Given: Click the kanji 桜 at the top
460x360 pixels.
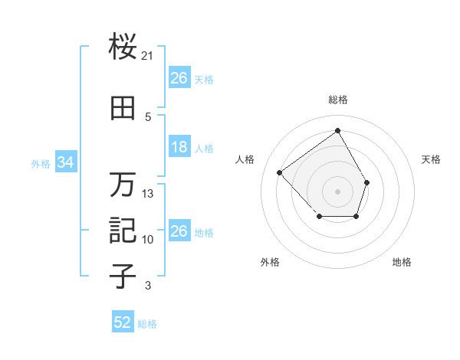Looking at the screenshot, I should coord(123,47).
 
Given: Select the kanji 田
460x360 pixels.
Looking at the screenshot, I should coord(123,108).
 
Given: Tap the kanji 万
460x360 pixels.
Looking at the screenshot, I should coord(123,185).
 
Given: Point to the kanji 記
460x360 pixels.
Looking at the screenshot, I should coord(123,231).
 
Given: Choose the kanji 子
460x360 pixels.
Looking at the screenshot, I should coord(123,277).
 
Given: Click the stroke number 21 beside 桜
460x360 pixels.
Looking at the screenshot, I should coord(148,56).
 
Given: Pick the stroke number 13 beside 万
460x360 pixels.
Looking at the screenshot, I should coord(148,194).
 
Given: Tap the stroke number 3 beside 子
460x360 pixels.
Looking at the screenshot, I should coord(148,286).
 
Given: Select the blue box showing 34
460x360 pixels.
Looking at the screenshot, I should coord(66,162).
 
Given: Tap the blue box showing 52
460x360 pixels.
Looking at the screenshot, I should coord(123,322).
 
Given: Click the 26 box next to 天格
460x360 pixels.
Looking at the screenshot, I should coord(179,78).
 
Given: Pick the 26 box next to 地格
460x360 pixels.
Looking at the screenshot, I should coord(179,231).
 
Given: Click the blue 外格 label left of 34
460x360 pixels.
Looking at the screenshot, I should coord(41,163).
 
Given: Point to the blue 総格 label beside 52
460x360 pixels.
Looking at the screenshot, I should coord(147,324).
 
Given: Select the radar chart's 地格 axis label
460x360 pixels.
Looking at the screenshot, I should coord(402,262).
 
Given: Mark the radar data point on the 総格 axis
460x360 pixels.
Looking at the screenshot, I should coord(337,131).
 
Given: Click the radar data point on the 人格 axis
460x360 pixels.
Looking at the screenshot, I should coord(280,173).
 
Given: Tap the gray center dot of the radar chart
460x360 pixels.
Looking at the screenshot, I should coord(337,191).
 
